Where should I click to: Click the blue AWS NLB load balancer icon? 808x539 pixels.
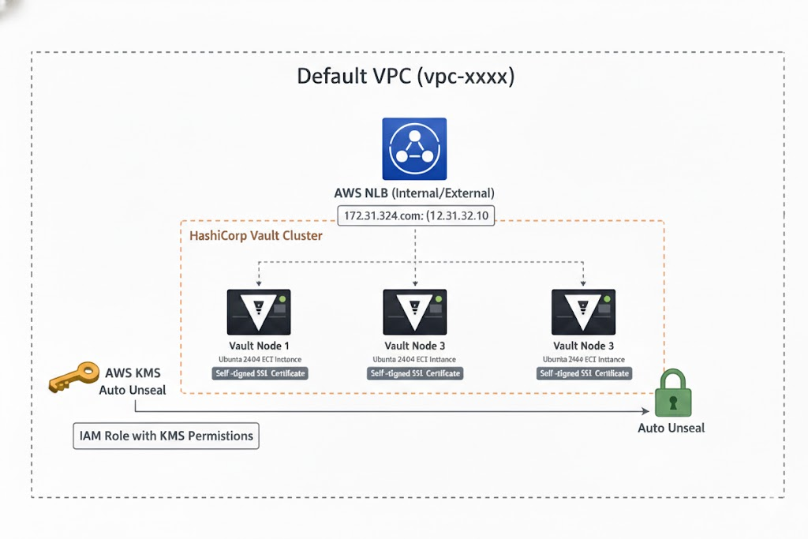pyautogui.click(x=414, y=149)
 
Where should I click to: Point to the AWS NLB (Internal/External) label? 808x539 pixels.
pyautogui.click(x=414, y=193)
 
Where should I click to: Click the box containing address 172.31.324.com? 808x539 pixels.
pyautogui.click(x=415, y=215)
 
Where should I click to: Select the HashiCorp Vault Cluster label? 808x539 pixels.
pyautogui.click(x=256, y=235)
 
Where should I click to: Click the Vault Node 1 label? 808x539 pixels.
pyautogui.click(x=260, y=346)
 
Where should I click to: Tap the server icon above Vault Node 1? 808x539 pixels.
pyautogui.click(x=259, y=312)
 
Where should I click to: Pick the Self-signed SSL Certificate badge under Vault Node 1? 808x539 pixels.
pyautogui.click(x=260, y=373)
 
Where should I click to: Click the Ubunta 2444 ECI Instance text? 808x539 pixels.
pyautogui.click(x=584, y=358)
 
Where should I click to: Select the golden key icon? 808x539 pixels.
pyautogui.click(x=71, y=379)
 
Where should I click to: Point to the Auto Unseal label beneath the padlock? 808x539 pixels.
pyautogui.click(x=671, y=428)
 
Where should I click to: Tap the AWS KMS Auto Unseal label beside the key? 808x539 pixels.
pyautogui.click(x=132, y=380)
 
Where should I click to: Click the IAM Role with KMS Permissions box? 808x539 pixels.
pyautogui.click(x=166, y=436)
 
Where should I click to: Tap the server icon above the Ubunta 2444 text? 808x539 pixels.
pyautogui.click(x=583, y=312)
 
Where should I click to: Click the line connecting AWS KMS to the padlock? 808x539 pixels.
pyautogui.click(x=395, y=412)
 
